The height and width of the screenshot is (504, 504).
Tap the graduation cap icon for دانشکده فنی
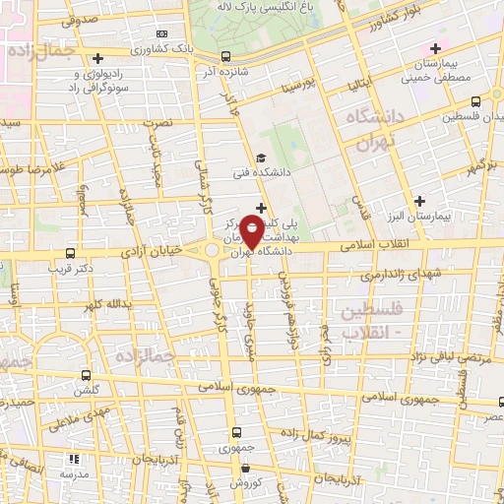click(x=260, y=157)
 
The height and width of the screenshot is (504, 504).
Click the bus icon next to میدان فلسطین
click(x=477, y=100)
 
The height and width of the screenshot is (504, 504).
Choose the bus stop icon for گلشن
click(x=86, y=374)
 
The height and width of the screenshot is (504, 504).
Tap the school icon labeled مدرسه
click(x=73, y=458)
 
